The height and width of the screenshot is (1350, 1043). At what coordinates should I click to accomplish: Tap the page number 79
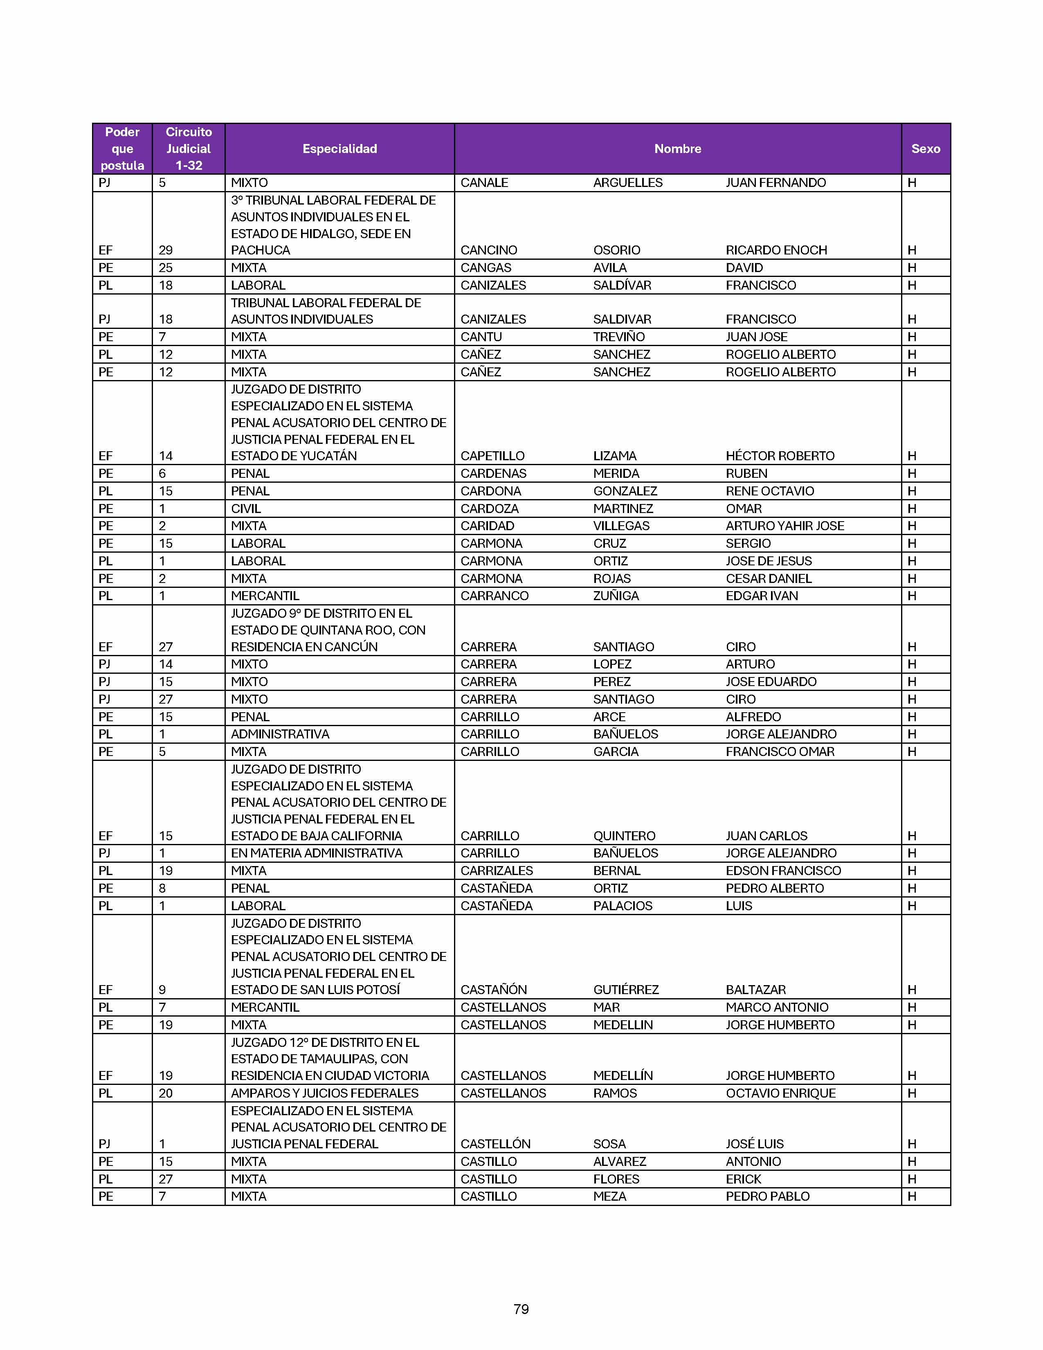click(521, 1309)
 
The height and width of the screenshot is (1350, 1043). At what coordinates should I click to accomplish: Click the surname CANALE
click(484, 183)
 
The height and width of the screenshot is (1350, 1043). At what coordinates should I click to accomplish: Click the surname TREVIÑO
click(618, 337)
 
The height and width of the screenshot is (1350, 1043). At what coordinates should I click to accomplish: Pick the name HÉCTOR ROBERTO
click(780, 456)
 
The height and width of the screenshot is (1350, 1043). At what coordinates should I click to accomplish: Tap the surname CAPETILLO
click(492, 456)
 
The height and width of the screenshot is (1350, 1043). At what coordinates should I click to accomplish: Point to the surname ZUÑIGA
click(616, 596)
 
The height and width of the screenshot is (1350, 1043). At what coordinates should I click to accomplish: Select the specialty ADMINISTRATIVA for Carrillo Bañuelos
click(280, 734)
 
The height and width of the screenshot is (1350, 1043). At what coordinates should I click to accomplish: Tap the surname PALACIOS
click(622, 906)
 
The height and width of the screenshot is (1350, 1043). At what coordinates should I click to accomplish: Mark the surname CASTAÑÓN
click(495, 990)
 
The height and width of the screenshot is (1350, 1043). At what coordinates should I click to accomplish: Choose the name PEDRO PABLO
click(767, 1197)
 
